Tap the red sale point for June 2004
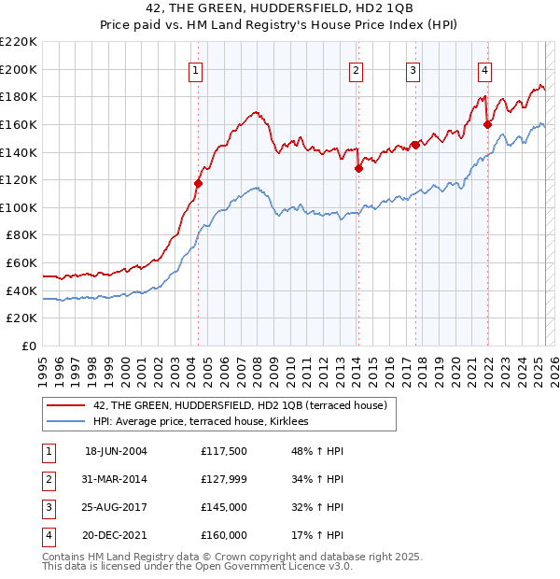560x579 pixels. point(198,183)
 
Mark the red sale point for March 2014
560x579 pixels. point(358,169)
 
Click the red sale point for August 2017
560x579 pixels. point(415,145)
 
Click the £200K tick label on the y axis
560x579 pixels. point(18,69)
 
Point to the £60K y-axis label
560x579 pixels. point(21,263)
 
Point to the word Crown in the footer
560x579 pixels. point(231,557)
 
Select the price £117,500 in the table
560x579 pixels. point(223,450)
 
